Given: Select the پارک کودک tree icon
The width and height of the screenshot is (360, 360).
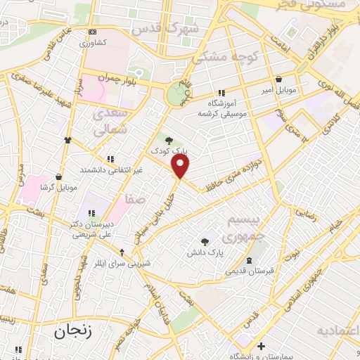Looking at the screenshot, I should [x=168, y=140].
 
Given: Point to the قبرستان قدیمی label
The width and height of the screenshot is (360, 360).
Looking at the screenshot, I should [x=250, y=270].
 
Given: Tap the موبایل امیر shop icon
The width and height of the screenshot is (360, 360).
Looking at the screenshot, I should [x=281, y=79].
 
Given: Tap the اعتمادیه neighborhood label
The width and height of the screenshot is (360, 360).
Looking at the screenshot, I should [x=337, y=330].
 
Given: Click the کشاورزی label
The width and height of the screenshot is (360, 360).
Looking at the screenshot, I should [x=91, y=43].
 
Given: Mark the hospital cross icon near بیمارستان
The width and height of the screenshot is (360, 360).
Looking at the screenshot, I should [x=261, y=346].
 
